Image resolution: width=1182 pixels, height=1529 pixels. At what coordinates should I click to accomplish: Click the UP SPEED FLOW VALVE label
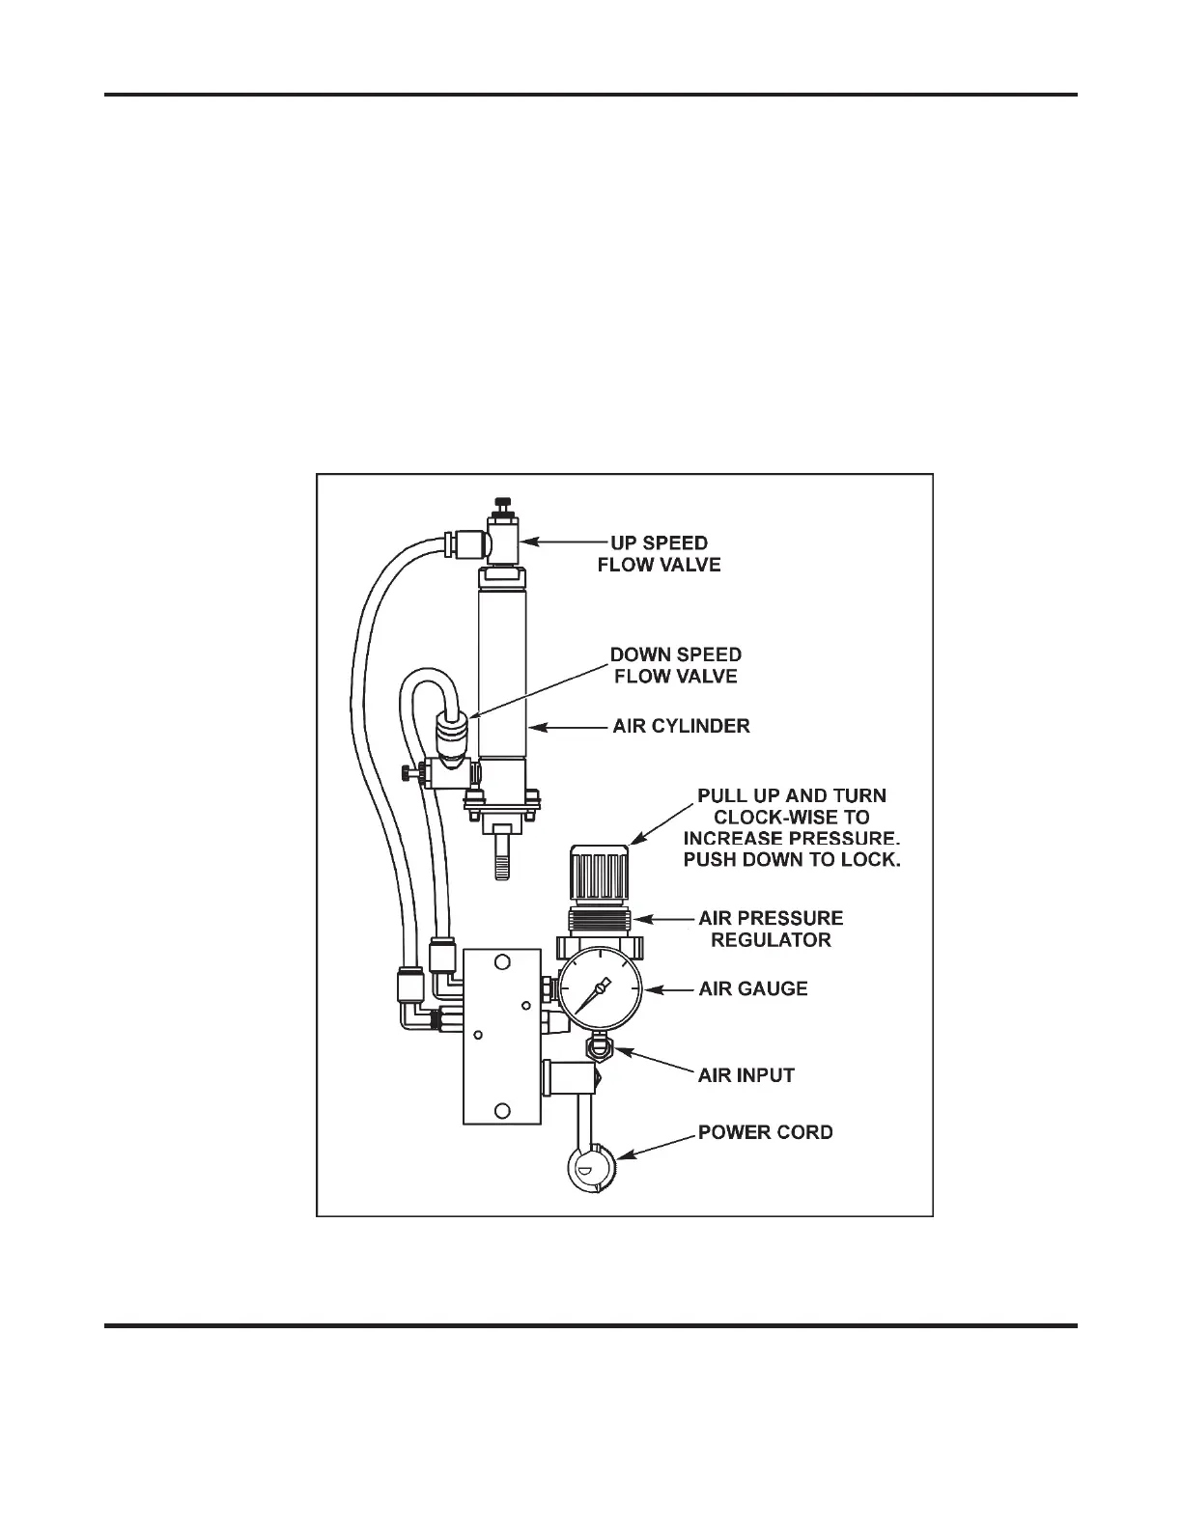click(659, 554)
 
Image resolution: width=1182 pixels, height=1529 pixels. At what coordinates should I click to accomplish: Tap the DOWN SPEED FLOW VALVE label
click(676, 666)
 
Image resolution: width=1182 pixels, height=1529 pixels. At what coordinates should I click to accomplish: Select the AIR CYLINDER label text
click(681, 726)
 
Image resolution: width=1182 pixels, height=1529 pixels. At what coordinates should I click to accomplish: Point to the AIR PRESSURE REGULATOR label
click(771, 929)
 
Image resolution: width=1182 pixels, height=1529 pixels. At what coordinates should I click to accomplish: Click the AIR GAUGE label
click(753, 989)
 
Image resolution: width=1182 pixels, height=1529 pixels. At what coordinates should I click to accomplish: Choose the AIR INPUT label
click(746, 1075)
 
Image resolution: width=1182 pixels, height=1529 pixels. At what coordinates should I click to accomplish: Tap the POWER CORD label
click(766, 1132)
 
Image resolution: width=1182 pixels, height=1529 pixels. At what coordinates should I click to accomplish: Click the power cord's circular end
click(590, 1169)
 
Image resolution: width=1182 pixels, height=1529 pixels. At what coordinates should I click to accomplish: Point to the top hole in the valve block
click(502, 962)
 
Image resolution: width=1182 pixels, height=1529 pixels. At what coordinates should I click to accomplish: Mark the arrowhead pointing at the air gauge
click(648, 989)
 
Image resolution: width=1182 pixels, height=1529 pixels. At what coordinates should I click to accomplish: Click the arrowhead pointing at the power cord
click(623, 1154)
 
